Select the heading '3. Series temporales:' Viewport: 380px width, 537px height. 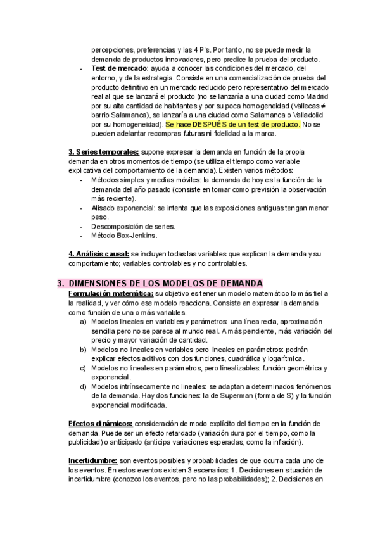point(103,153)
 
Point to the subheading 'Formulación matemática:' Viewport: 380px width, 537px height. point(110,293)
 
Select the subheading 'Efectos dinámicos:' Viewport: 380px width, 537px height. point(100,423)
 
